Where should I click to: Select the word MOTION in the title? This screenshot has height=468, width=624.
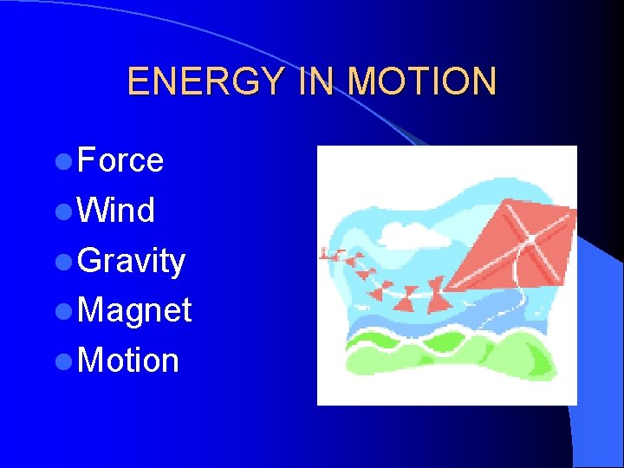coord(422,81)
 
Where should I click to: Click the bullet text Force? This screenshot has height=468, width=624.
coord(120,160)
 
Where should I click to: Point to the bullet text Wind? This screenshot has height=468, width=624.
coord(116,211)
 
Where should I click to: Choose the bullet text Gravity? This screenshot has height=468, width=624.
coord(131,261)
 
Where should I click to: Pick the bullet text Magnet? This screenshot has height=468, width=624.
coord(134,310)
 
